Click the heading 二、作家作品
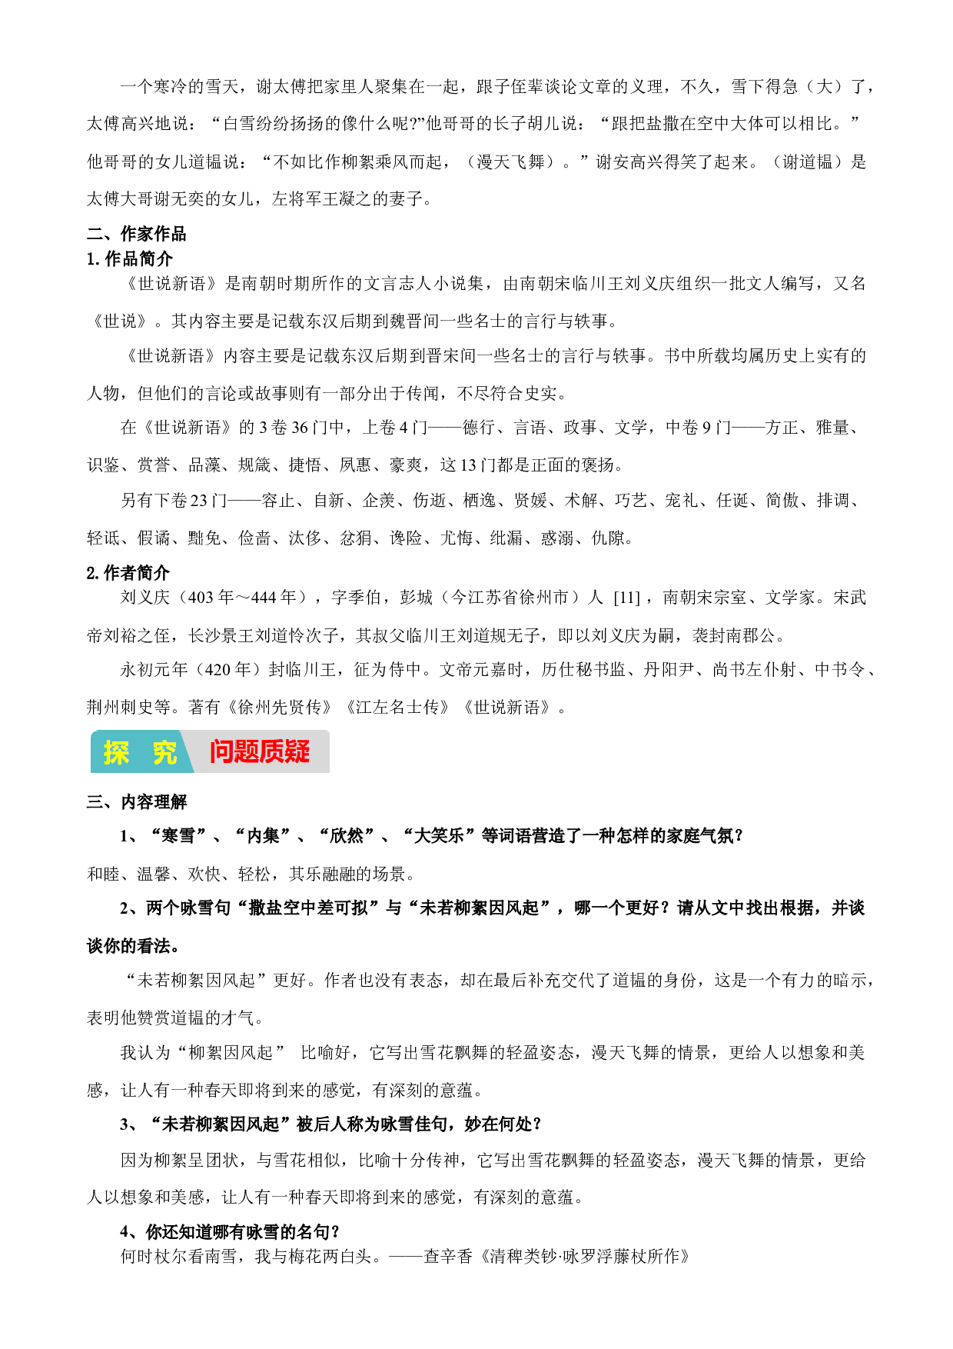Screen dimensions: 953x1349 click(136, 234)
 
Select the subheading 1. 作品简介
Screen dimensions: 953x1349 click(130, 259)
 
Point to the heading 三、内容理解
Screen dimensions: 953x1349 click(137, 802)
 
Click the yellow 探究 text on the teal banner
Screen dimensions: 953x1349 click(140, 752)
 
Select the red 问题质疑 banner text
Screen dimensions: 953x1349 click(260, 752)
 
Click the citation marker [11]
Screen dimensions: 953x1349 click(627, 598)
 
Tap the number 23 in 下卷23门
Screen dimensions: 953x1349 click(199, 501)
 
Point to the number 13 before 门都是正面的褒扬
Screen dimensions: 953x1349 click(468, 465)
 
